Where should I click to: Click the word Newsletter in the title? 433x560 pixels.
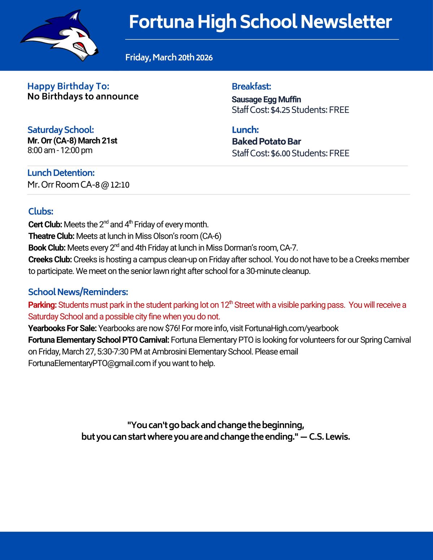coord(346,22)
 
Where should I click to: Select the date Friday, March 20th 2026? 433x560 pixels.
coord(169,57)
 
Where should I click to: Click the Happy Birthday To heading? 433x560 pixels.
coord(68,86)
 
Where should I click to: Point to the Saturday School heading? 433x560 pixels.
coord(61,130)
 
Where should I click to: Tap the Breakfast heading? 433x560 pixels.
coord(252,87)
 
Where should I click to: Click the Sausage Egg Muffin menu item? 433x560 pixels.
coord(266,100)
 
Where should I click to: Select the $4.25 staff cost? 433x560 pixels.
coord(280,110)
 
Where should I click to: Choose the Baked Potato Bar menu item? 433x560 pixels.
coord(266,141)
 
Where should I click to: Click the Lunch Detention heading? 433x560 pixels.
coord(61,173)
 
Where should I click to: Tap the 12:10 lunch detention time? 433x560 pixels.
coord(120,185)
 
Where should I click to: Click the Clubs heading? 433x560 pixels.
coord(41,211)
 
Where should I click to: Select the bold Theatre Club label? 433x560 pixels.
coord(51,236)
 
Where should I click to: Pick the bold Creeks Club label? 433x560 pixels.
coord(50,260)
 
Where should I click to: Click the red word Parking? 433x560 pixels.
coord(42,305)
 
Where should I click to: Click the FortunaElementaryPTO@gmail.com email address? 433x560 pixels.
coord(89,363)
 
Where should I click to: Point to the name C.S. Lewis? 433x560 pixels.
coord(329,437)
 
